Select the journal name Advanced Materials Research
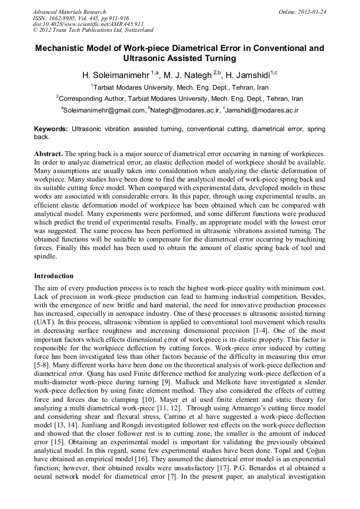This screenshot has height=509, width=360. [x=69, y=12]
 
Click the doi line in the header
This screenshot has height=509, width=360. [x=88, y=24]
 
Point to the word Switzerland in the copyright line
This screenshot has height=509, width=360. [x=133, y=31]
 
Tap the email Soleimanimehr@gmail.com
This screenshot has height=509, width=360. [x=104, y=110]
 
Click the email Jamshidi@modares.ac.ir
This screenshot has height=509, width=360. [x=262, y=110]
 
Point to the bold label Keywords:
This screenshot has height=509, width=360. [x=51, y=129]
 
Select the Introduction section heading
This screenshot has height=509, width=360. [x=54, y=276]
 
